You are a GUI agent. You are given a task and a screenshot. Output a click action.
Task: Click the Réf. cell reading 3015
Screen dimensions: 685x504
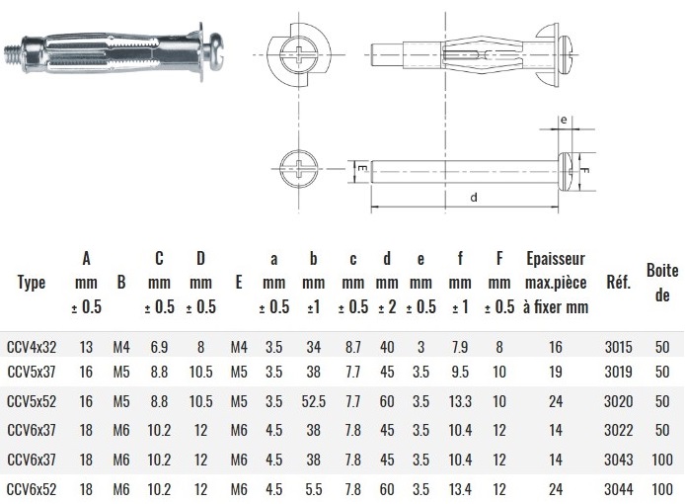pyautogui.click(x=618, y=347)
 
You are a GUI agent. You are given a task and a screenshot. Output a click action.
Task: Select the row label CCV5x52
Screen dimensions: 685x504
pyautogui.click(x=32, y=401)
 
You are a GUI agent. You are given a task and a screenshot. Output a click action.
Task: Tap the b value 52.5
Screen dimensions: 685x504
pyautogui.click(x=313, y=401)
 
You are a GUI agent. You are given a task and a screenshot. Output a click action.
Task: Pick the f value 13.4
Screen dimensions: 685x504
pyautogui.click(x=460, y=489)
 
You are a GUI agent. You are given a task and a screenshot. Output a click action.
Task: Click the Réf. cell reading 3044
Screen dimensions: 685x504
pyautogui.click(x=618, y=489)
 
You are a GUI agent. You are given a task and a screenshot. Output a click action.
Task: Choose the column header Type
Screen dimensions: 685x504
pyautogui.click(x=32, y=283)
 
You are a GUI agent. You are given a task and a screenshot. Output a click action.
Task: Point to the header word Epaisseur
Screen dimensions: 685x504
pyautogui.click(x=556, y=259)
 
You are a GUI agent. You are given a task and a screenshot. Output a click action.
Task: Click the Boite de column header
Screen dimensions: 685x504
pyautogui.click(x=662, y=283)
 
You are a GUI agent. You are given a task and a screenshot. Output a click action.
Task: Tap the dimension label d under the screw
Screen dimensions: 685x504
pyautogui.click(x=474, y=198)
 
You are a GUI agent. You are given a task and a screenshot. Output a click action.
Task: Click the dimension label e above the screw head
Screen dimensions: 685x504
pyautogui.click(x=564, y=120)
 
